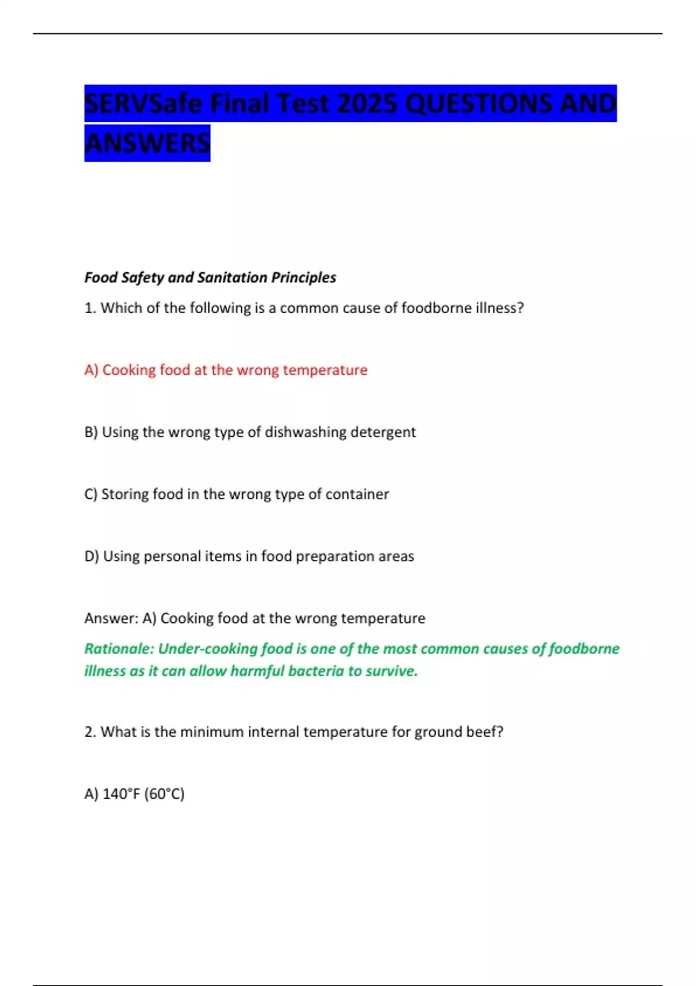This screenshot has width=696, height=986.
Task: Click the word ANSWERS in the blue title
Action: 147,143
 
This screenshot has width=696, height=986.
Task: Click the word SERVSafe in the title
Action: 143,104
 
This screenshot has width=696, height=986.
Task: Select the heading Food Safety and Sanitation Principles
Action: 210,277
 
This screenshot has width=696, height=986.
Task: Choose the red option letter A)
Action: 92,370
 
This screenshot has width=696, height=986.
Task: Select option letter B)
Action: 92,432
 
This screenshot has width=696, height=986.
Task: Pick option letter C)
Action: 91,494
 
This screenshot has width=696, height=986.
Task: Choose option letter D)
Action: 92,556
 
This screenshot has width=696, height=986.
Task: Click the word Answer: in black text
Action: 111,618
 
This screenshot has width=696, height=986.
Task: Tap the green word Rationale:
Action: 119,648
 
